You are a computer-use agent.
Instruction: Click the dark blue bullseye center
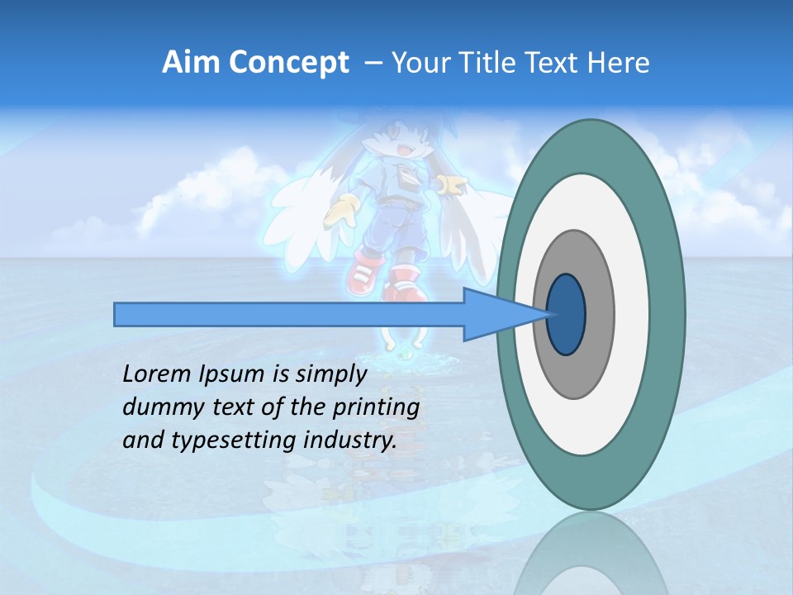click(x=566, y=315)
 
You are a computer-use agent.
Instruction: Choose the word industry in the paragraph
click(x=349, y=440)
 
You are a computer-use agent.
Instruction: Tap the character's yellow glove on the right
click(x=450, y=185)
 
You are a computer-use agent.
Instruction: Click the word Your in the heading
click(x=418, y=63)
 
